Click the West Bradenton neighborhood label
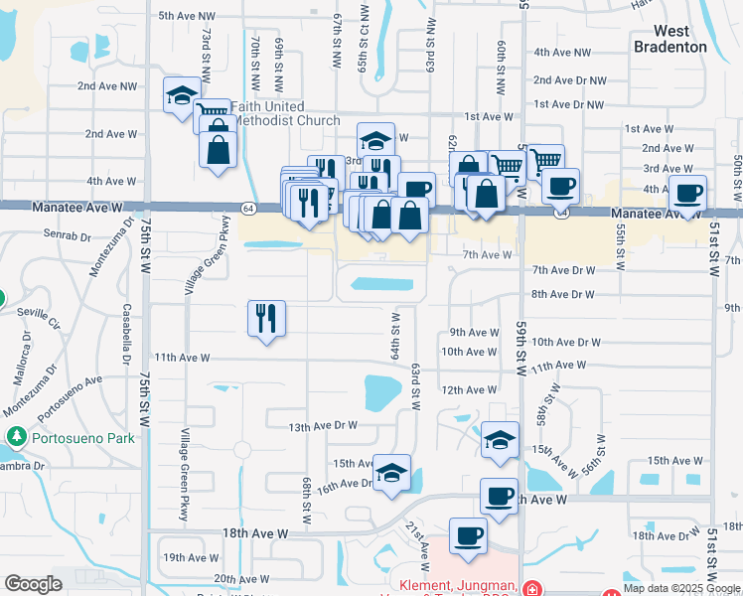click(671, 39)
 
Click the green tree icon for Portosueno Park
click(16, 436)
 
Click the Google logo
click(33, 584)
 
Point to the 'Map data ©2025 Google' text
click(681, 588)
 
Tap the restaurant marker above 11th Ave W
click(266, 319)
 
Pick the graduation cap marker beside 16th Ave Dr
click(392, 470)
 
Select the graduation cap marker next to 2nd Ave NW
click(182, 96)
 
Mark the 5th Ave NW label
click(186, 16)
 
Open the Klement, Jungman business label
click(456, 586)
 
